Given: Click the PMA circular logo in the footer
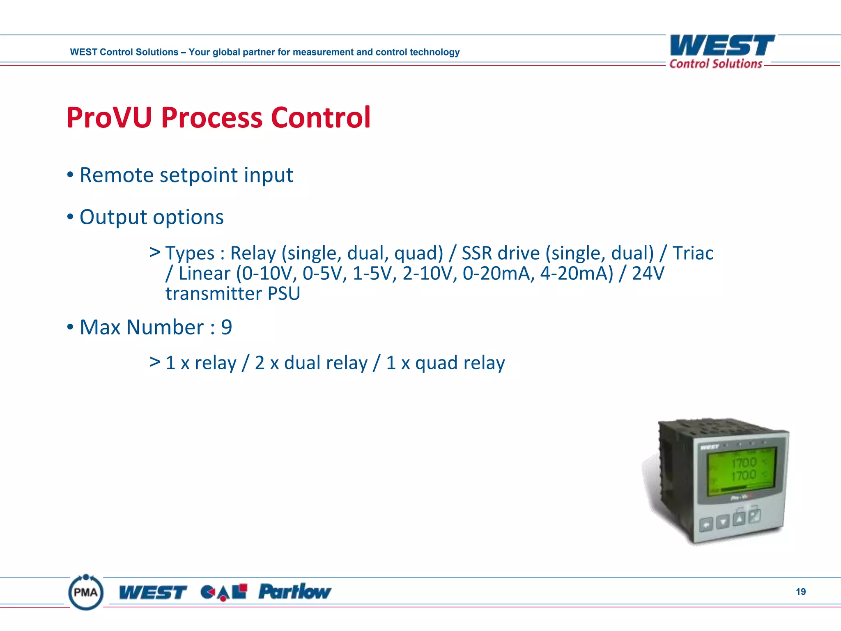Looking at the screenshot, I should coord(86,592).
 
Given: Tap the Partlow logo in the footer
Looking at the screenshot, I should coord(294,592).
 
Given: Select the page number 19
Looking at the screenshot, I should coord(800,592).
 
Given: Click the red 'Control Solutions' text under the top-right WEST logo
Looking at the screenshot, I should coord(715,64).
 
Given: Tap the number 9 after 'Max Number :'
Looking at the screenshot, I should coord(227,327).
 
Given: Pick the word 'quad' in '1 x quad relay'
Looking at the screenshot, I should coord(436,363).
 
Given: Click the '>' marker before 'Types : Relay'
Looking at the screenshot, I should coord(155,252).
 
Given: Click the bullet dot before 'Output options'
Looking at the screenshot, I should coord(70,216).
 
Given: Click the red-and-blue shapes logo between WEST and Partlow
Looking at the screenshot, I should coord(224,592).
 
